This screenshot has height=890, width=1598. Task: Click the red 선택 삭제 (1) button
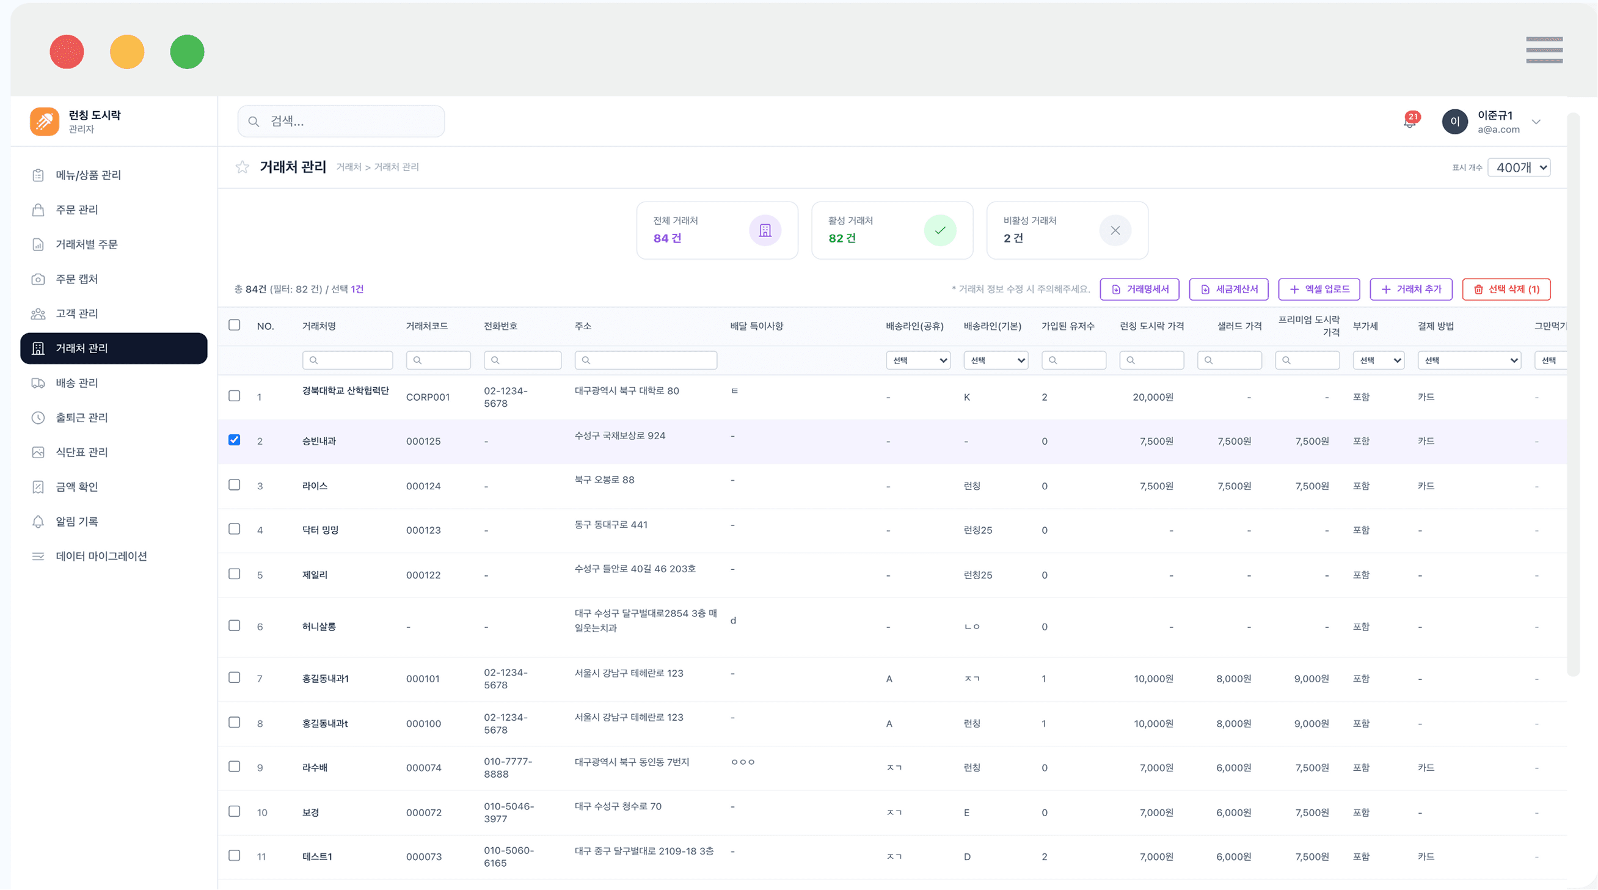point(1506,289)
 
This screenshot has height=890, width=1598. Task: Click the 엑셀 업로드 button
point(1319,289)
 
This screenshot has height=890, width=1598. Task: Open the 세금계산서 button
point(1228,289)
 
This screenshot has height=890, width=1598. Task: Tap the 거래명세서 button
point(1140,289)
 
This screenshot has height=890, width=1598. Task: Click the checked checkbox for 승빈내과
point(234,440)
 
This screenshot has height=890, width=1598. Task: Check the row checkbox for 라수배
point(234,767)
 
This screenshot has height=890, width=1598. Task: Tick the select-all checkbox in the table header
point(234,325)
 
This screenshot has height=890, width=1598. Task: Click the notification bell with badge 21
point(1410,121)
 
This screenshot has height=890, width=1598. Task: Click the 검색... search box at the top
point(341,121)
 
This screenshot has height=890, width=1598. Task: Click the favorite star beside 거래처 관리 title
point(242,167)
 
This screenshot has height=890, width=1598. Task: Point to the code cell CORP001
point(428,397)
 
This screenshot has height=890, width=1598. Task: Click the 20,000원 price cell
point(1153,397)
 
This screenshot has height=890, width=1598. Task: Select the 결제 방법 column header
point(1436,326)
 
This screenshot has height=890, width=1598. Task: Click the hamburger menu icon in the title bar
point(1544,49)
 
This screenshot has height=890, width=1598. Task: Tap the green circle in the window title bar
point(187,51)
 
